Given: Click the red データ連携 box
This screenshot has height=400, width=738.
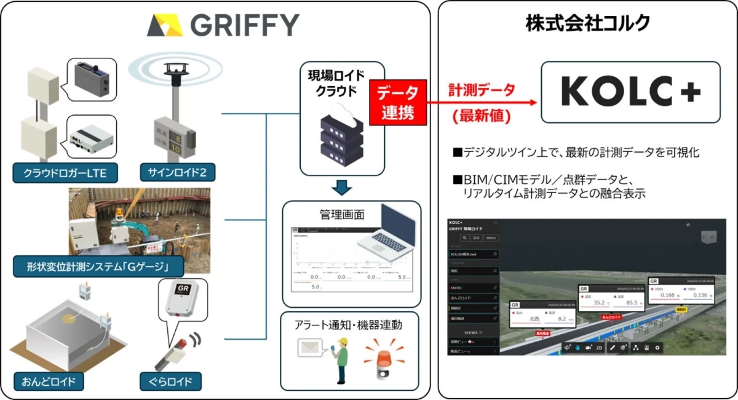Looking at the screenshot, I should [x=397, y=103].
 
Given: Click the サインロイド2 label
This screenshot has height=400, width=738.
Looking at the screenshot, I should [x=173, y=174].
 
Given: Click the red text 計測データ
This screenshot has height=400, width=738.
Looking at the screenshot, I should [x=482, y=90].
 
